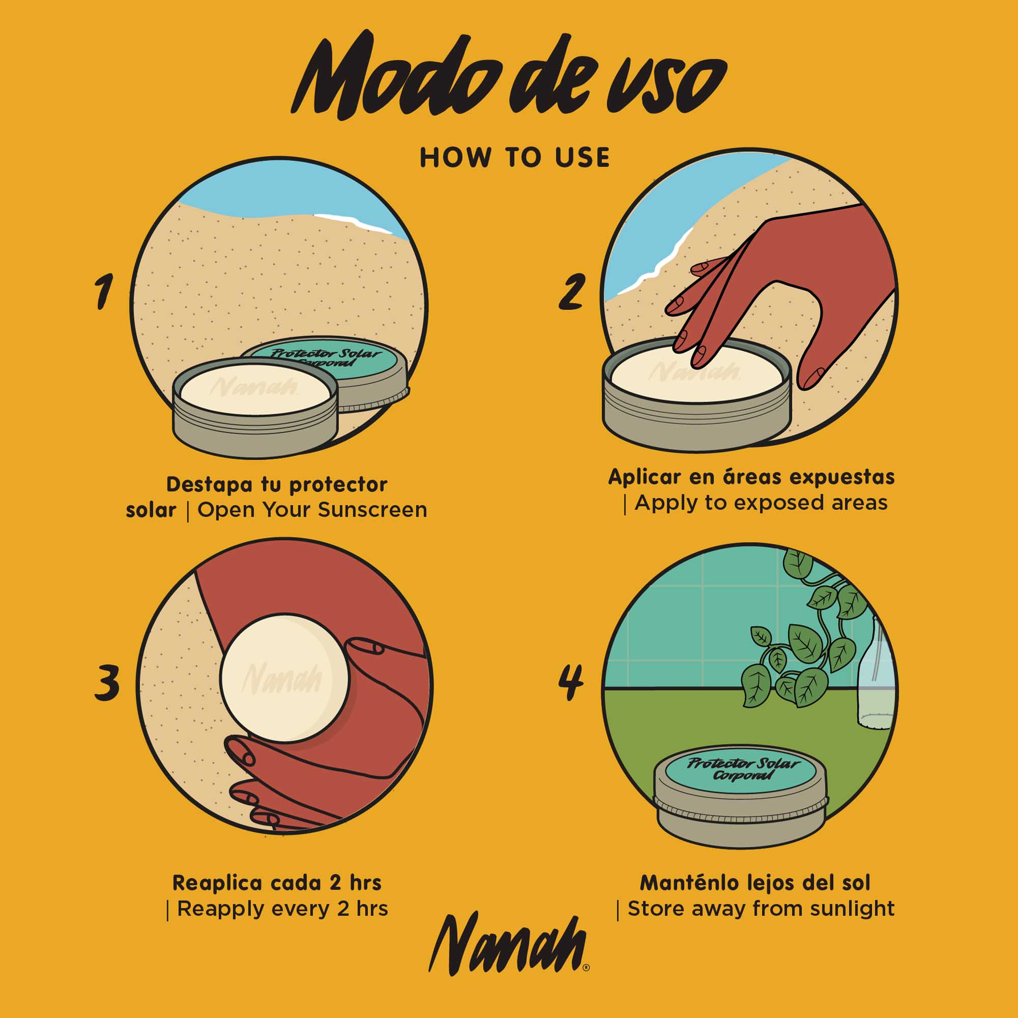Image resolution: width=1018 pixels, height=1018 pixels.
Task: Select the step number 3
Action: point(107,682)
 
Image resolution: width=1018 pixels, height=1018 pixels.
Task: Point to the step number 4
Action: point(571,682)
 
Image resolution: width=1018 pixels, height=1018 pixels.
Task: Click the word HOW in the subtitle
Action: point(455,158)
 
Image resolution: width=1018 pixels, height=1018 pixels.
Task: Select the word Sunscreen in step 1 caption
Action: point(373,510)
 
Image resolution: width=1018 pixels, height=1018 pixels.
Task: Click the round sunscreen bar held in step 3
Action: point(285,678)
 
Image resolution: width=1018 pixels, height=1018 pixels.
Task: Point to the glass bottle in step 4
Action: point(874,674)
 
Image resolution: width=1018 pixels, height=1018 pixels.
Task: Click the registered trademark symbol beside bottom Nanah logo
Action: point(586,968)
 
